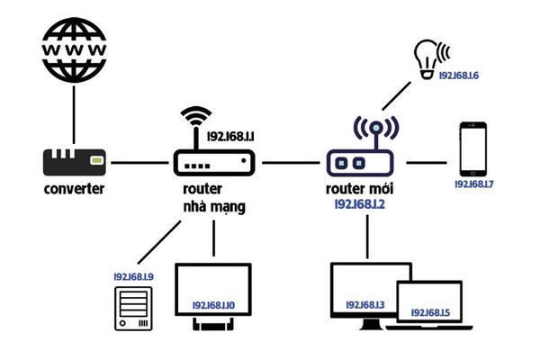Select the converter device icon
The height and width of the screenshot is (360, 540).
tap(75, 163)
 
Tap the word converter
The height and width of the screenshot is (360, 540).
tap(75, 190)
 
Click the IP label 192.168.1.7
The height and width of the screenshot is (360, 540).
tap(474, 184)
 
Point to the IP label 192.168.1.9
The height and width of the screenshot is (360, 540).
tap(133, 276)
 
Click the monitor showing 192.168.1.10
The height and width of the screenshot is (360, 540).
tap(213, 296)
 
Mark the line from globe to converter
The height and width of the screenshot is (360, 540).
tap(75, 112)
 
